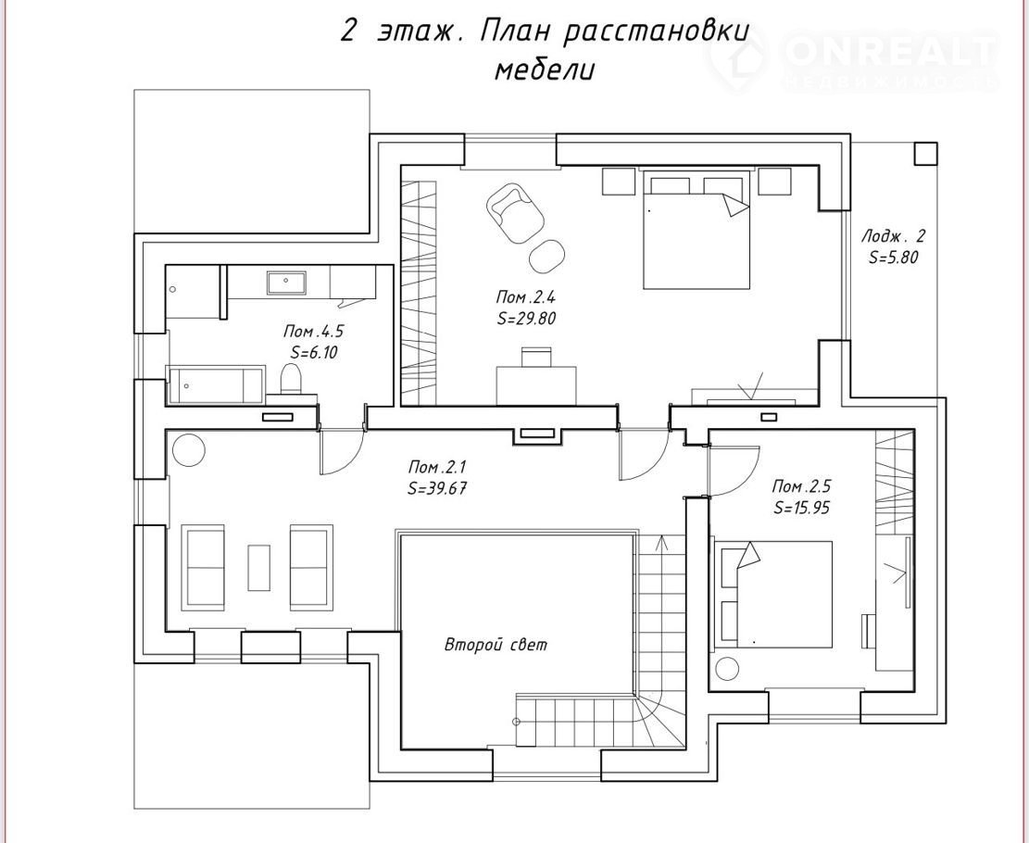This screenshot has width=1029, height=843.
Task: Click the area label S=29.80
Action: [x=526, y=319]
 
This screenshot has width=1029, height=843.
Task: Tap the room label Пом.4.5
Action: [x=313, y=330]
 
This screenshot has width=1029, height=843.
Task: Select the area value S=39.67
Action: [x=437, y=488]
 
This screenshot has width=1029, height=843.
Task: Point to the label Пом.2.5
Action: [x=801, y=486]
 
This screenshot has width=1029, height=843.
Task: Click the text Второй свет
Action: [x=496, y=645]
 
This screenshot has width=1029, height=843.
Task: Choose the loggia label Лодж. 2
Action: [x=893, y=235]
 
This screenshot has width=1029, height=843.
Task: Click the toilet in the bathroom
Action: [x=291, y=380]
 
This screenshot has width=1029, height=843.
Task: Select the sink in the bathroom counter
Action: [x=286, y=283]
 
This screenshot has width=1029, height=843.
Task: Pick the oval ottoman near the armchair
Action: [x=547, y=257]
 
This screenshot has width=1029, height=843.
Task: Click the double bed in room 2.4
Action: [x=696, y=229]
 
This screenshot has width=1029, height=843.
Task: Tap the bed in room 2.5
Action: [x=774, y=595]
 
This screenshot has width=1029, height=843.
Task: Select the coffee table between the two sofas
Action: [x=258, y=567]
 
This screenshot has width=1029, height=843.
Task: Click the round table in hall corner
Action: [x=189, y=451]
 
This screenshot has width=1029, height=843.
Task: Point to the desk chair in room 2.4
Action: [x=536, y=358]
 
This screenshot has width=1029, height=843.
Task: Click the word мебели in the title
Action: [x=544, y=70]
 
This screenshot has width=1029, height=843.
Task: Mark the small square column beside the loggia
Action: [x=926, y=154]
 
